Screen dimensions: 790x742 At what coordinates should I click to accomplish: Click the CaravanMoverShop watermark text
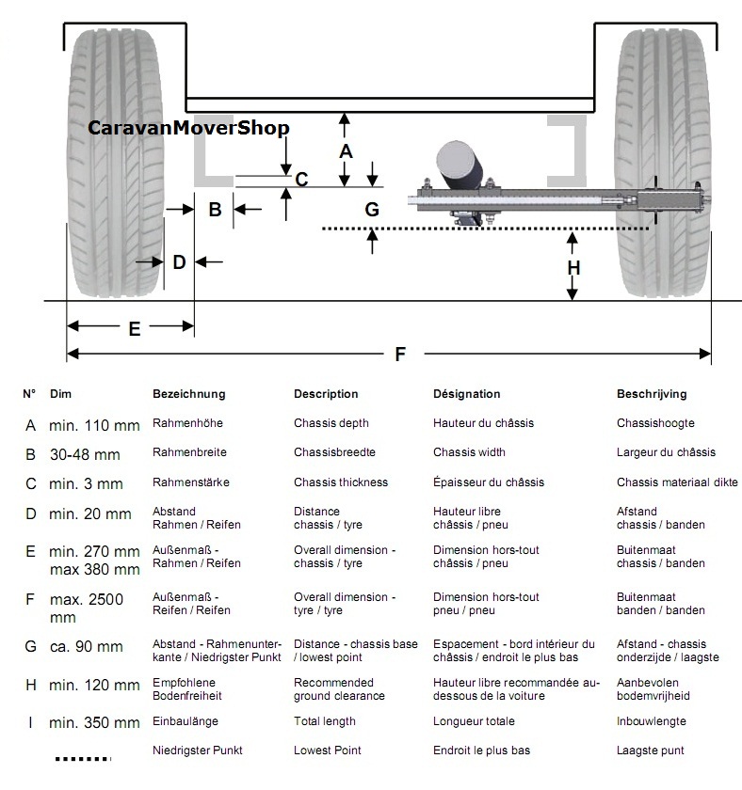tap(188, 128)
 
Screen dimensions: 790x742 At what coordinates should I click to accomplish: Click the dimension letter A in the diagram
tap(346, 150)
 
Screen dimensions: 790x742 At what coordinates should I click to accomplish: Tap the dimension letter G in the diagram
tap(372, 209)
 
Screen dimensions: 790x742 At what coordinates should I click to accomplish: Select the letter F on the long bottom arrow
tap(400, 355)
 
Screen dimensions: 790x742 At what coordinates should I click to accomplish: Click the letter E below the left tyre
tap(134, 328)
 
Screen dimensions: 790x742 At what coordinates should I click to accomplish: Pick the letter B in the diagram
tap(215, 210)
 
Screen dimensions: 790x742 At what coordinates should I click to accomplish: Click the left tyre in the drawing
tap(114, 160)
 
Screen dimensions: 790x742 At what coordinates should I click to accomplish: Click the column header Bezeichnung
tap(188, 395)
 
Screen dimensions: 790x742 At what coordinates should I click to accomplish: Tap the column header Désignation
tap(466, 395)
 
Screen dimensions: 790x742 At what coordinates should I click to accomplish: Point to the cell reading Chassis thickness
tap(340, 482)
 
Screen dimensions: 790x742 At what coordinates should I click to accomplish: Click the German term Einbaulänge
tap(187, 721)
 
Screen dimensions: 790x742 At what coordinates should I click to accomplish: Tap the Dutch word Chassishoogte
tap(655, 424)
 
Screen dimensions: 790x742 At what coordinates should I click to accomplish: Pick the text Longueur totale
tap(474, 721)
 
